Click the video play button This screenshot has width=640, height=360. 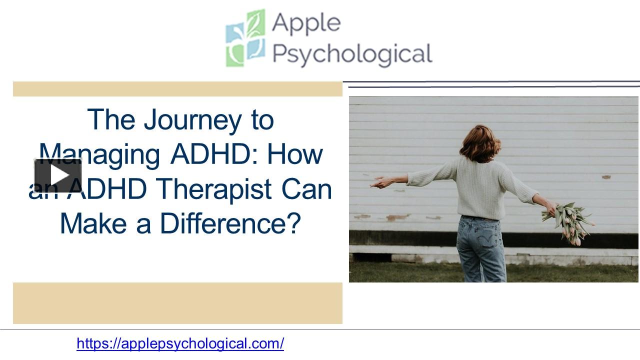point(58,175)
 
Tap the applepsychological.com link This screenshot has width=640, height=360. point(180,343)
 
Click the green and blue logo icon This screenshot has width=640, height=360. point(244,38)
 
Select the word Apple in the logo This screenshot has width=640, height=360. point(306,23)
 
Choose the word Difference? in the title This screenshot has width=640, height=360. point(230,223)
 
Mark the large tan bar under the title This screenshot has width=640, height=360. point(177,303)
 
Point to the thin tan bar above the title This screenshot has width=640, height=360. point(177,89)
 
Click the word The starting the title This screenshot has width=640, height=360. point(110,120)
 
